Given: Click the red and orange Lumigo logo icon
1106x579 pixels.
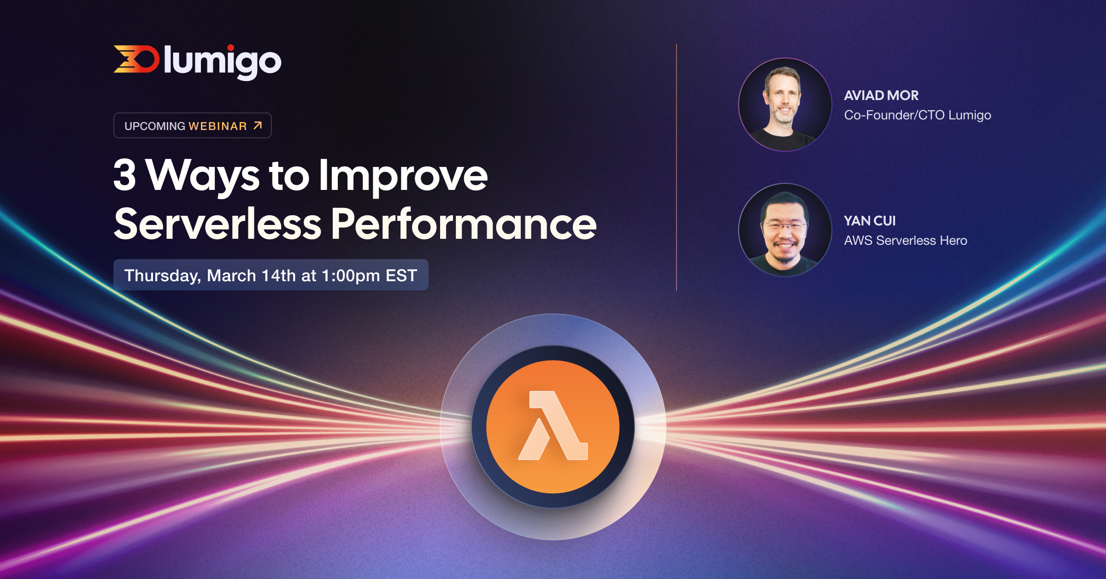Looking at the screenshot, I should pos(136,59).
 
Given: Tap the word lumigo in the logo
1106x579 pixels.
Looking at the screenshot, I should pos(222,62).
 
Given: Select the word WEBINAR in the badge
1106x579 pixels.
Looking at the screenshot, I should pos(218,126).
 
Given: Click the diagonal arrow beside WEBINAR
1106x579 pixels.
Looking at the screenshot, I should pos(258,125).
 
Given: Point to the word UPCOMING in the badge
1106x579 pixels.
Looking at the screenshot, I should pos(155,126).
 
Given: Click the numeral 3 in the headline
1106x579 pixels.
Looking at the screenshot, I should pos(124,175).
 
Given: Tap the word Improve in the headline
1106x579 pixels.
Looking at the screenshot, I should pos(403,176).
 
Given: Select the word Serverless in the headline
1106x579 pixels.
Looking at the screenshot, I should pos(218,225).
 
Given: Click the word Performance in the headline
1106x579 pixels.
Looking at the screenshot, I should pos(464,225).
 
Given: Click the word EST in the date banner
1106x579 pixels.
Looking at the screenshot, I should pos(401,276).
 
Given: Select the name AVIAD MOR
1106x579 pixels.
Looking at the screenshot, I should pos(881,95).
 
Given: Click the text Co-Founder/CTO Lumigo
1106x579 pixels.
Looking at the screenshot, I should pos(917,115).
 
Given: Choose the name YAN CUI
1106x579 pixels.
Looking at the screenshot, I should pos(870,221).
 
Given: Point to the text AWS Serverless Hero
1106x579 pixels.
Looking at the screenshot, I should pos(905,241).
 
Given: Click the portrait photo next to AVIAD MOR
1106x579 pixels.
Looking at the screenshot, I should pos(785,105).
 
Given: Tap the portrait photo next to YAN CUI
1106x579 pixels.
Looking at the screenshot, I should pos(785,230).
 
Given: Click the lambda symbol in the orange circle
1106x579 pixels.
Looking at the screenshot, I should pos(553,426).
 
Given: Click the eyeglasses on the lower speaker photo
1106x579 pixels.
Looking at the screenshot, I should pos(784,226).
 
